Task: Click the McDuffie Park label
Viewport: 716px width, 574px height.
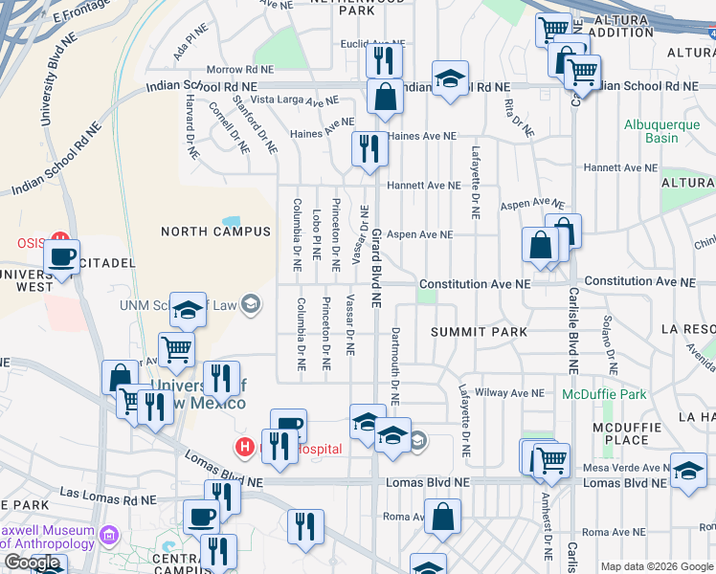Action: tap(604, 394)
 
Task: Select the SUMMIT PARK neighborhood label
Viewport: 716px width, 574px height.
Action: tap(479, 332)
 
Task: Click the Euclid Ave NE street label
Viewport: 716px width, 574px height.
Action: tap(373, 43)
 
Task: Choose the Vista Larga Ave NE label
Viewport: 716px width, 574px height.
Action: tap(295, 99)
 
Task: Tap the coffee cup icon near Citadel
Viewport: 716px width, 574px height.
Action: tap(63, 257)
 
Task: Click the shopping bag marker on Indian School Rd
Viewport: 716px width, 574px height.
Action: tap(385, 96)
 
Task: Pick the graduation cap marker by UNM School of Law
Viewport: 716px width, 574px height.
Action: tap(189, 309)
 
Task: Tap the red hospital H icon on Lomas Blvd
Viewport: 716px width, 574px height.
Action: tap(246, 447)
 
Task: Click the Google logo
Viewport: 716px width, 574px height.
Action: tap(33, 563)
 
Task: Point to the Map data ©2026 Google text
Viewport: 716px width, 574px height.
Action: tap(657, 566)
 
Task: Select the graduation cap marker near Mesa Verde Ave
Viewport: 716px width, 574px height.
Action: tap(688, 470)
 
